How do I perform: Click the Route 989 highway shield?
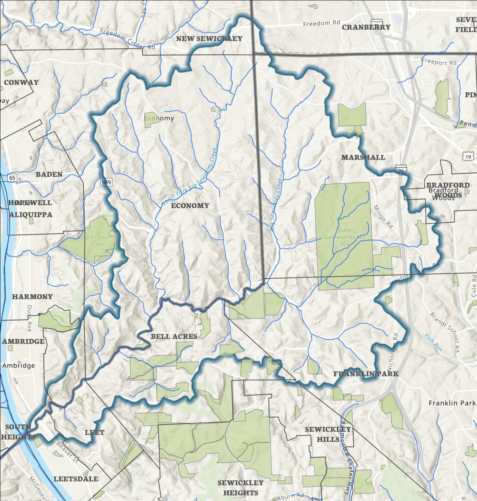(107, 182)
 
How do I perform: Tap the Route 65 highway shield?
(12, 178)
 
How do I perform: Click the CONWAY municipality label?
(21, 82)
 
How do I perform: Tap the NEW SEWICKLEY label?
(209, 38)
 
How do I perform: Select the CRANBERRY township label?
(366, 27)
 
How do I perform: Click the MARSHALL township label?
(363, 157)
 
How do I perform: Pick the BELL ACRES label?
(174, 336)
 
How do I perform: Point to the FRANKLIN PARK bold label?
(366, 373)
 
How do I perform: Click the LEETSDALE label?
(76, 479)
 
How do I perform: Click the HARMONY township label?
(32, 296)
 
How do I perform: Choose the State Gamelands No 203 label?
(344, 237)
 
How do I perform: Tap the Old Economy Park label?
(98, 240)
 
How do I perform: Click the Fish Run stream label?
(433, 342)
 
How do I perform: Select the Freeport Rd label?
(439, 62)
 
